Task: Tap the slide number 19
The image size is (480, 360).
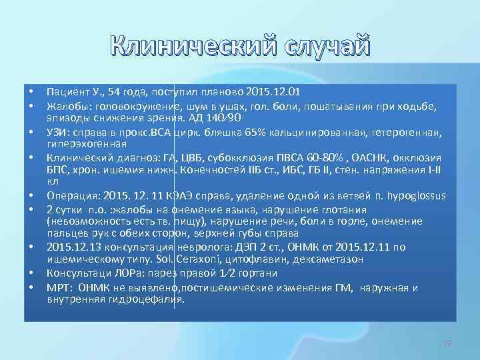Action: (x=447, y=343)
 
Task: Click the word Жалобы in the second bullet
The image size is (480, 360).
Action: (x=68, y=105)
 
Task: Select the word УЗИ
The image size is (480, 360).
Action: (x=58, y=131)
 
